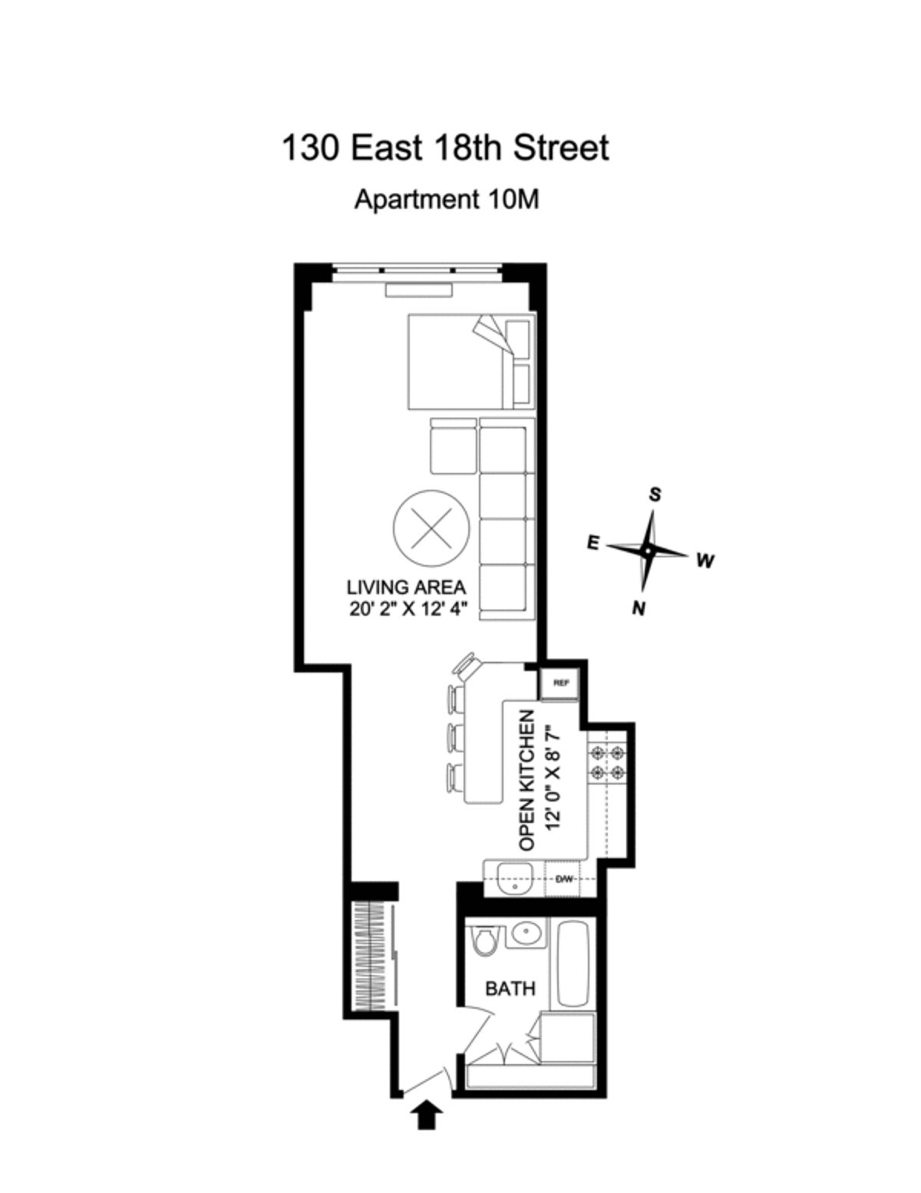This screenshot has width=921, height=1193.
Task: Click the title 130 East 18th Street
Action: (x=445, y=147)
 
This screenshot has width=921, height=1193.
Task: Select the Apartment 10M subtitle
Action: (x=446, y=200)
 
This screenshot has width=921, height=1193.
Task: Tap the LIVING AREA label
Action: (x=406, y=588)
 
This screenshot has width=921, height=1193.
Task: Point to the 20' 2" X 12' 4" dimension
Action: (x=406, y=609)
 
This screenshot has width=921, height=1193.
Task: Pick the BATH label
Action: (x=510, y=988)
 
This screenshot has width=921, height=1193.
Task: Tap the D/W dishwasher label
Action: (x=564, y=879)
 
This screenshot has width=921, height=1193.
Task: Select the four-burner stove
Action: (x=607, y=763)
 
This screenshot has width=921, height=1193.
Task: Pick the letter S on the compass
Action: (x=655, y=494)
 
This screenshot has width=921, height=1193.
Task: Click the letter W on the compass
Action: (x=705, y=561)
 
